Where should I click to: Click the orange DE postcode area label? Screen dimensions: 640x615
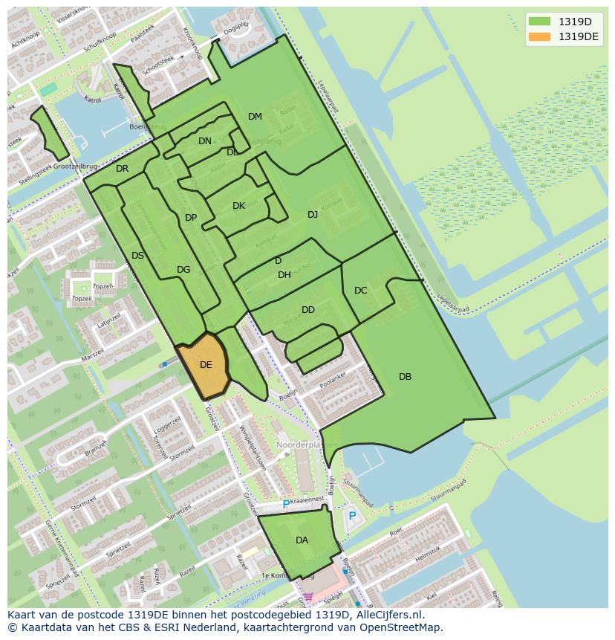(206, 364)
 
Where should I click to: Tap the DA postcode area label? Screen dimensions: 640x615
(302, 540)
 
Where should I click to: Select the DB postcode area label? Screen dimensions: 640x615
(405, 377)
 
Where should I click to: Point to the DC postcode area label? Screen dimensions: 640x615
(361, 291)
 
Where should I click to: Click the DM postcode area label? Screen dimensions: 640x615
(255, 117)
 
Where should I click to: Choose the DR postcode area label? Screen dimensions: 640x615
(123, 169)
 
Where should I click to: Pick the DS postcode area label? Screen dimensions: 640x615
(137, 256)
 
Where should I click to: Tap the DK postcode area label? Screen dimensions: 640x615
(238, 206)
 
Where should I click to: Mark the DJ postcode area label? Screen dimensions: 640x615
(313, 215)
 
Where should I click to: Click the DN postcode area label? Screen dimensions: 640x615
(205, 141)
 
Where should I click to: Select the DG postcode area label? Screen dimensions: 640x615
(183, 270)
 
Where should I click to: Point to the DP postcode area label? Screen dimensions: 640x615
(191, 218)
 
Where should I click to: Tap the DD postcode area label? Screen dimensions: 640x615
(308, 310)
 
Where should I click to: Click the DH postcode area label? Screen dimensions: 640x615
(284, 275)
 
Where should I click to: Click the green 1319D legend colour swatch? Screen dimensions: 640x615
(539, 21)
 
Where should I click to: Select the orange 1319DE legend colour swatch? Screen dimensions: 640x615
(539, 36)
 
